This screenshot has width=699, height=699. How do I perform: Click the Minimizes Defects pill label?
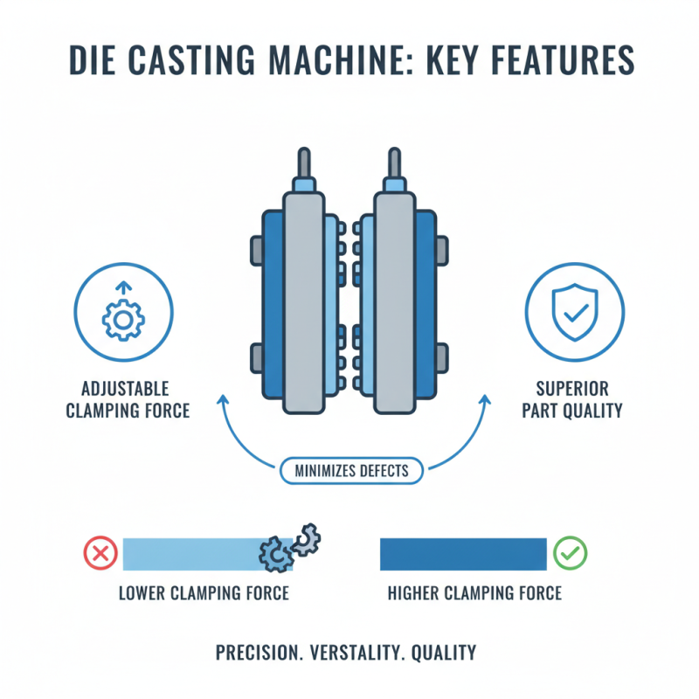[351, 470]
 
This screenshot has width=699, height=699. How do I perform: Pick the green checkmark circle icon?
[571, 553]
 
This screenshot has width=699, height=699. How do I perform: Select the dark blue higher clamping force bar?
[462, 553]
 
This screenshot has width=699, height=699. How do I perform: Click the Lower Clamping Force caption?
[204, 594]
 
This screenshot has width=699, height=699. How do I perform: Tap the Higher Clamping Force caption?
[474, 594]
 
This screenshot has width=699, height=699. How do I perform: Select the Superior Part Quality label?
[574, 398]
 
